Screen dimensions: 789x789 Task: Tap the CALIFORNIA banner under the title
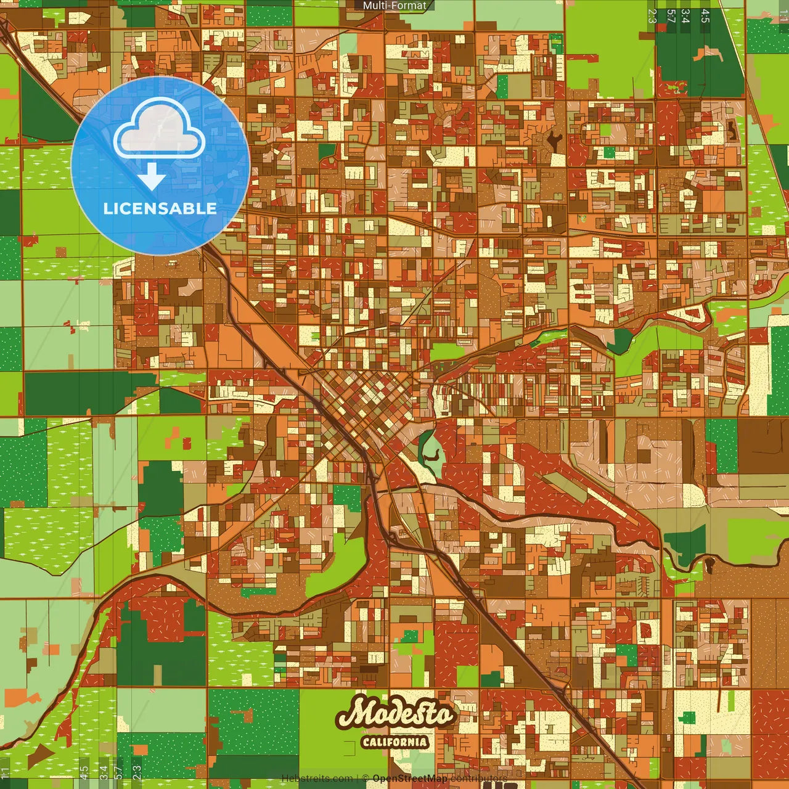[x=394, y=742]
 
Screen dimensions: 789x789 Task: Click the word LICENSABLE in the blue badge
[x=160, y=208]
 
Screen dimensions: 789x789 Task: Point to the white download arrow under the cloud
[x=152, y=176]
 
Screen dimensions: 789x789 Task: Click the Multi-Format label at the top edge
[x=394, y=6]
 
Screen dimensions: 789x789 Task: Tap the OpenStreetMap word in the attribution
[x=410, y=779]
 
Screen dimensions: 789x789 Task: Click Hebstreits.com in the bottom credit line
[x=317, y=779]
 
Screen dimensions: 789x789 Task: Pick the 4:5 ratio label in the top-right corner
[x=705, y=16]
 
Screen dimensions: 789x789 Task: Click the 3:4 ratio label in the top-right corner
[x=685, y=16]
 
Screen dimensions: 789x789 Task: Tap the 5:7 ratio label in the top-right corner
[x=671, y=16]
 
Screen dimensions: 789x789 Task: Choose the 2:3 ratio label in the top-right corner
[x=652, y=16]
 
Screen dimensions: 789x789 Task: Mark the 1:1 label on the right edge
[x=783, y=16]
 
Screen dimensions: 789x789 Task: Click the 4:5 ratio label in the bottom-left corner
[x=84, y=772]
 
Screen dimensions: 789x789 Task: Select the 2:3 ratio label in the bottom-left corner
[x=136, y=772]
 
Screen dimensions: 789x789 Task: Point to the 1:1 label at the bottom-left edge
[x=5, y=772]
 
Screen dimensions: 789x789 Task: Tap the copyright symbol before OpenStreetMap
[x=365, y=779]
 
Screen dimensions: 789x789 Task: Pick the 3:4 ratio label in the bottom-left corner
[x=103, y=772]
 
